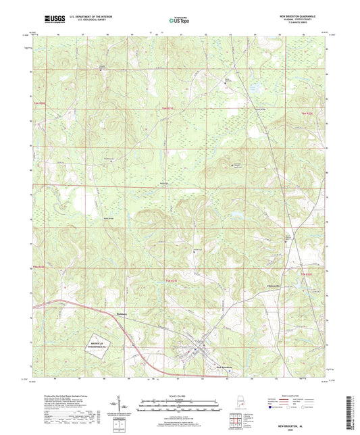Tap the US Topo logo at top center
coord(180,21)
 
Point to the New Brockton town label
coord(205,367)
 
